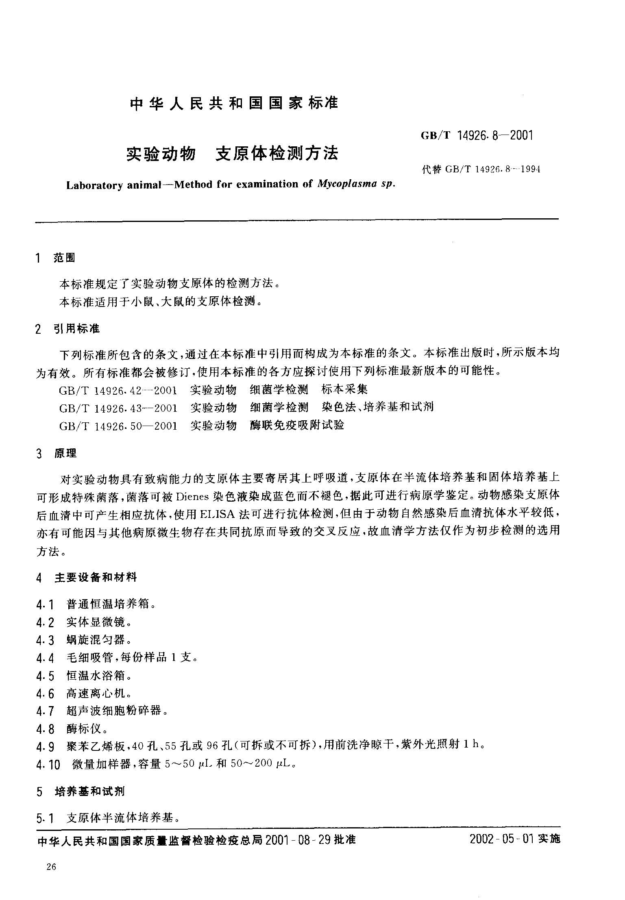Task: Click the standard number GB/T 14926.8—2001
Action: tap(477, 136)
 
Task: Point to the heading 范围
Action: tap(64, 258)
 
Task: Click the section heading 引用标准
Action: tap(76, 328)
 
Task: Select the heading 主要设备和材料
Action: tap(96, 577)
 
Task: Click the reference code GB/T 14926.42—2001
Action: tap(118, 390)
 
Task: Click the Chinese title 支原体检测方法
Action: tap(277, 153)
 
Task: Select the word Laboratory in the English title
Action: tap(94, 185)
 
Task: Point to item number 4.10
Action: tap(48, 765)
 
